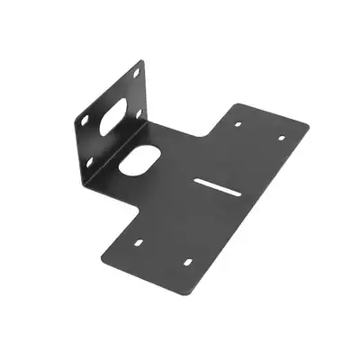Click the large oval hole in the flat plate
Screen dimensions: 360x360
pos(139,160)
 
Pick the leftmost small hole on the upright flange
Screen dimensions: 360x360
pos(83,120)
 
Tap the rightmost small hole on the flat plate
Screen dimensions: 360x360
pos(281,138)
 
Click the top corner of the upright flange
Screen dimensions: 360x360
pos(141,60)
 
